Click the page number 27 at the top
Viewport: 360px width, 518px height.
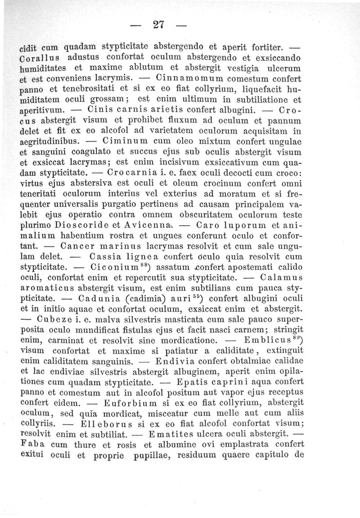click(x=157, y=25)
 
